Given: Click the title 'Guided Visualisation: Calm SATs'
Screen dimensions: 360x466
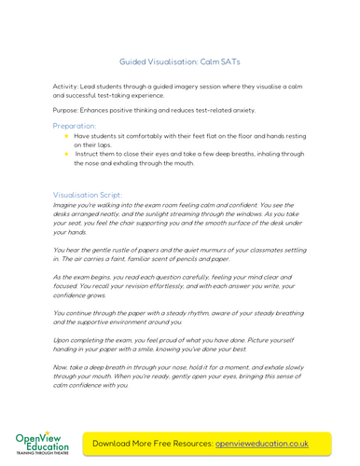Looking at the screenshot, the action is pyautogui.click(x=180, y=62).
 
